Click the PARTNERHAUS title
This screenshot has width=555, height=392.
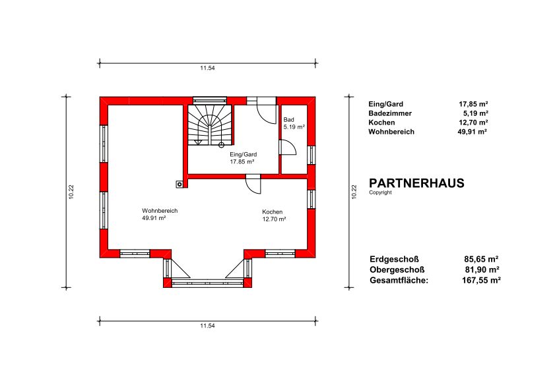click(416, 183)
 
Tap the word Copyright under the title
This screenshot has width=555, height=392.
click(380, 192)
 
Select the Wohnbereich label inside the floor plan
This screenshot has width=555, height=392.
click(160, 211)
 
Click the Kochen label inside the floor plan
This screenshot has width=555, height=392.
click(272, 211)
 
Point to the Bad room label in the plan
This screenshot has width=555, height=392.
click(288, 120)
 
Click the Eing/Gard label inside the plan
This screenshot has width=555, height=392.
click(243, 154)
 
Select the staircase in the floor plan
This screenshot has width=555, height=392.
click(210, 125)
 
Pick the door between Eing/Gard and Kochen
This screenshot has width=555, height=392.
click(253, 184)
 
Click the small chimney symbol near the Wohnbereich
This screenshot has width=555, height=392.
click(180, 184)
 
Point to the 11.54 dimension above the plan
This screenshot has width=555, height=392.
click(207, 68)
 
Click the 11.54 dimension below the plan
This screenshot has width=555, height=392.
click(207, 325)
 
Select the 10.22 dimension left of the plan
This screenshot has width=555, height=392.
click(71, 192)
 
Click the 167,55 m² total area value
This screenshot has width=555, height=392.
click(481, 280)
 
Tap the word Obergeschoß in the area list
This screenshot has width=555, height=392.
click(397, 269)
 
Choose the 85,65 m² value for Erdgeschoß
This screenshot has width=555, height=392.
click(481, 259)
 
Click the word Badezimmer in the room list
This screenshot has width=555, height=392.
click(390, 113)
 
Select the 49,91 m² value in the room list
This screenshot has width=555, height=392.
click(472, 132)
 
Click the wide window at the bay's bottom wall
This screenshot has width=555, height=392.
click(207, 283)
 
